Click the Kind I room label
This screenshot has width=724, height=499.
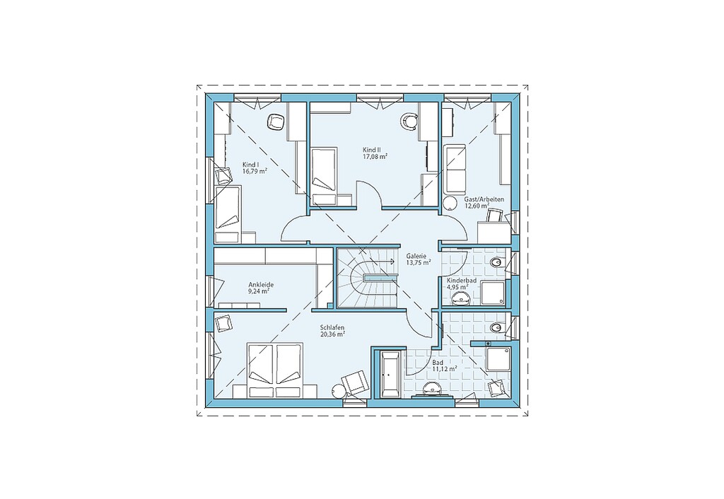pyautogui.click(x=251, y=164)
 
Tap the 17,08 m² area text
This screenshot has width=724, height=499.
pyautogui.click(x=375, y=157)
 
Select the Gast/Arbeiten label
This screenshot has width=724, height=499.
pyautogui.click(x=484, y=199)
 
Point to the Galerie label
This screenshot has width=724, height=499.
pyautogui.click(x=416, y=255)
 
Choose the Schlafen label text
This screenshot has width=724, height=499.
pyautogui.click(x=332, y=327)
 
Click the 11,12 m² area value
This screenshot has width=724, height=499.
pyautogui.click(x=445, y=369)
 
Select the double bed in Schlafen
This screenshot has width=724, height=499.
pyautogui.click(x=276, y=370)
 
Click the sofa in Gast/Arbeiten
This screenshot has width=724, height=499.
pyautogui.click(x=455, y=170)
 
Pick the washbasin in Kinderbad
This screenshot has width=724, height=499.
pyautogui.click(x=460, y=299)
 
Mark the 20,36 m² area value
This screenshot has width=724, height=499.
pyautogui.click(x=333, y=334)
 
